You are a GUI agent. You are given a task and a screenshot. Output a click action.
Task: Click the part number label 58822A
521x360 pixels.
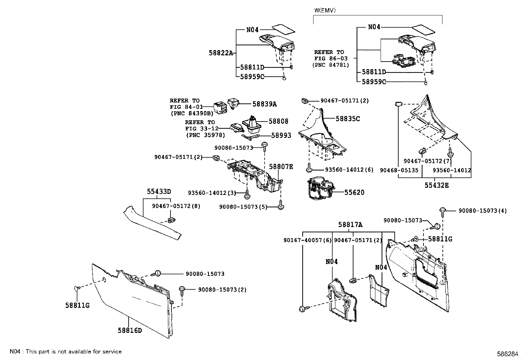[x=221, y=53]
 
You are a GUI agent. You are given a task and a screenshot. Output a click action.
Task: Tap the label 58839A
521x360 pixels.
[x=264, y=104]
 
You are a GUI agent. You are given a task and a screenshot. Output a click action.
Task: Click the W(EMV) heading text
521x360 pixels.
[x=325, y=10]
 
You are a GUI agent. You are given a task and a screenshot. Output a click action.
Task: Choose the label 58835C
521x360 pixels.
[x=348, y=119]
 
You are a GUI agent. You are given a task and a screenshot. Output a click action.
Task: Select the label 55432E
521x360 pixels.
[x=437, y=185]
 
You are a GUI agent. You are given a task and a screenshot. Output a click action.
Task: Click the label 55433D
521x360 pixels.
[x=159, y=192]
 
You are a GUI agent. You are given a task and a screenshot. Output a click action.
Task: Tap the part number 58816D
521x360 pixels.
[x=130, y=330]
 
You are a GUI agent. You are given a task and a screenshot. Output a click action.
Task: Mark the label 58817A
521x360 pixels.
[x=350, y=225]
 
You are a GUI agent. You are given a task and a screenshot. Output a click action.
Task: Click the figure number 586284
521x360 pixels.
[x=508, y=354]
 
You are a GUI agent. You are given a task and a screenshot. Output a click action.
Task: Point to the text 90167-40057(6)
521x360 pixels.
[x=307, y=240]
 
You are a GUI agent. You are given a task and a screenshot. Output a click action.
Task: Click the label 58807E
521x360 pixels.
[x=281, y=167]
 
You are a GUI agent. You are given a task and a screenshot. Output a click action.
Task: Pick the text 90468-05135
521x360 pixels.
[x=399, y=170]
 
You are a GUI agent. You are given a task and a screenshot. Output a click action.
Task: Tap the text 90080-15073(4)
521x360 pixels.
[x=482, y=211]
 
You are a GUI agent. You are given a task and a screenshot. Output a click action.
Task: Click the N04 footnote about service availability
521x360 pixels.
[x=65, y=351]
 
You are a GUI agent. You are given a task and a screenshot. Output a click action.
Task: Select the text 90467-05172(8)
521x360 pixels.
[x=176, y=206]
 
